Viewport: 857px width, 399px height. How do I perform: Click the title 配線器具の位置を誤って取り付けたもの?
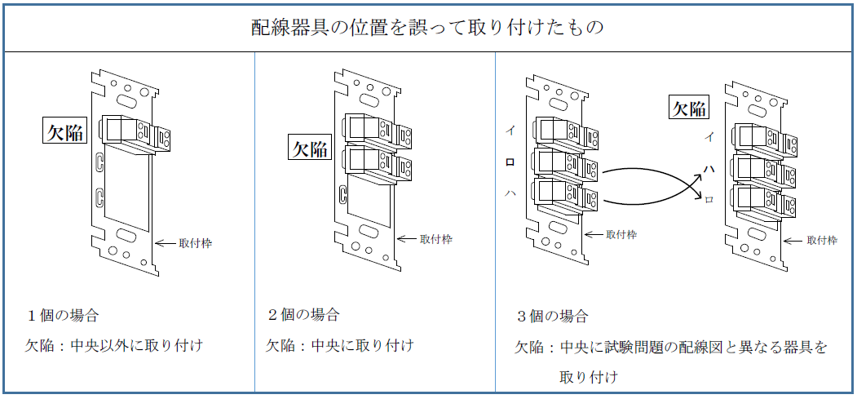[x=427, y=28]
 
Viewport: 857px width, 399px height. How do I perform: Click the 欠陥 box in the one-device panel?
[x=64, y=131]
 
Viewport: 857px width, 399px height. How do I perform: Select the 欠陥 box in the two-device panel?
[x=310, y=149]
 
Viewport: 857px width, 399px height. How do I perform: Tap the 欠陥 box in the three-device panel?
[x=688, y=108]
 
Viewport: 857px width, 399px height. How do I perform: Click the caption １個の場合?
[x=63, y=315]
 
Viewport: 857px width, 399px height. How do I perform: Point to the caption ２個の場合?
[x=303, y=315]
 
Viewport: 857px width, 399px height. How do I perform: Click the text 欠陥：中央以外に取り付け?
[x=113, y=345]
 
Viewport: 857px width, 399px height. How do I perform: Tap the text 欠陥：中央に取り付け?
[x=339, y=345]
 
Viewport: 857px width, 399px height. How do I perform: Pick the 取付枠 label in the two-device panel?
[x=436, y=239]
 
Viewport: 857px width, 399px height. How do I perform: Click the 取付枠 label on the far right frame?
[x=822, y=240]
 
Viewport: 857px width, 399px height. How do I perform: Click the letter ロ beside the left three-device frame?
[x=510, y=162]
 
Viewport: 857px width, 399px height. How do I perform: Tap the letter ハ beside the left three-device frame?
[x=510, y=193]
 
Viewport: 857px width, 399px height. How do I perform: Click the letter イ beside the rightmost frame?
[x=709, y=137]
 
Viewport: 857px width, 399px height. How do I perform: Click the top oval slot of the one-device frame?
[x=126, y=100]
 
